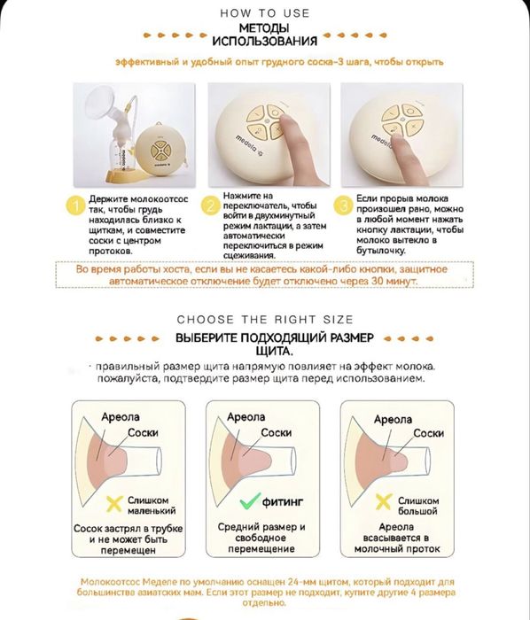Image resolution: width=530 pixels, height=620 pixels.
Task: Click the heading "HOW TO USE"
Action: [x=265, y=13]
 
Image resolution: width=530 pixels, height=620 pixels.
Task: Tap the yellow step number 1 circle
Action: [x=75, y=205]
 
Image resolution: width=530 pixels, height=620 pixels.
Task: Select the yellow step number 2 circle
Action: [x=210, y=206]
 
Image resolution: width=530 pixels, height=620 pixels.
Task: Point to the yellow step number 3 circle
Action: [x=343, y=205]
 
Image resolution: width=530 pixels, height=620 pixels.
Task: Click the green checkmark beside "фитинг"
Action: [x=250, y=500]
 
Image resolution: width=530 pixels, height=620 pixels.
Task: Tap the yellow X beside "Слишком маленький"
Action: [x=114, y=504]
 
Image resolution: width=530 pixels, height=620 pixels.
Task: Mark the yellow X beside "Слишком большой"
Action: [x=383, y=502]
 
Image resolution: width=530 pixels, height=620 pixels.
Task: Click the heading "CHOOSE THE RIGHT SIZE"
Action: [x=265, y=320]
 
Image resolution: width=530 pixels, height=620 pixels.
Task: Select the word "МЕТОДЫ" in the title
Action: [x=264, y=28]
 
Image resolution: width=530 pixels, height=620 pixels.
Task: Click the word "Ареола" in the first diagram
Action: [x=121, y=417]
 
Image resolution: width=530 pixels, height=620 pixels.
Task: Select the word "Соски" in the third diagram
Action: [x=429, y=433]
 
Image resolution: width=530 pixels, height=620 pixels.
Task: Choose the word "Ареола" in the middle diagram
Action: [x=246, y=417]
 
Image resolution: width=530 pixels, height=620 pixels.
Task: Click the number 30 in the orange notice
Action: [x=378, y=281]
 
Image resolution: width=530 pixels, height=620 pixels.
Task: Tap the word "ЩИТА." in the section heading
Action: [x=275, y=351]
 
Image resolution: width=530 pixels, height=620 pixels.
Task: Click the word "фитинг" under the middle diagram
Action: [x=283, y=502]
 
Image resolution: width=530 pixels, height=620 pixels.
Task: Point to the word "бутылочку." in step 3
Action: [x=380, y=251]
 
